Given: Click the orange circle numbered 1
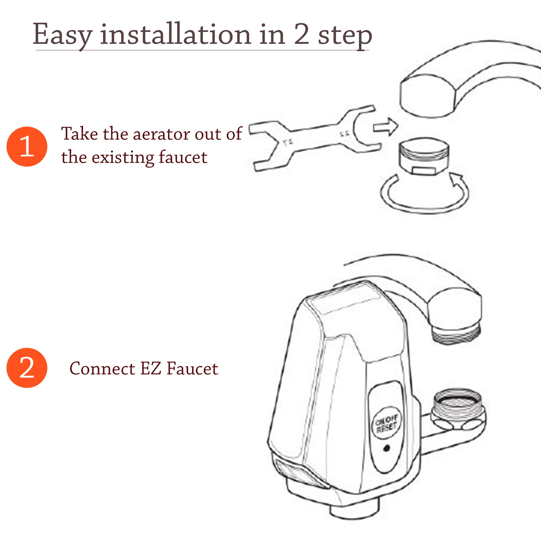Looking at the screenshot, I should [x=27, y=146].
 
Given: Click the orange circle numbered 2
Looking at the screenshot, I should [x=27, y=368].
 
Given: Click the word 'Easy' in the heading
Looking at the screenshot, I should [x=62, y=35].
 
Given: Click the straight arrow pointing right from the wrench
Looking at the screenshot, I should [x=385, y=127].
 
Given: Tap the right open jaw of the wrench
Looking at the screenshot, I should [x=364, y=129].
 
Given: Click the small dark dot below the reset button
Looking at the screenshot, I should [x=387, y=448].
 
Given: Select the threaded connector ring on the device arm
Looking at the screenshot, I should [x=457, y=408].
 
